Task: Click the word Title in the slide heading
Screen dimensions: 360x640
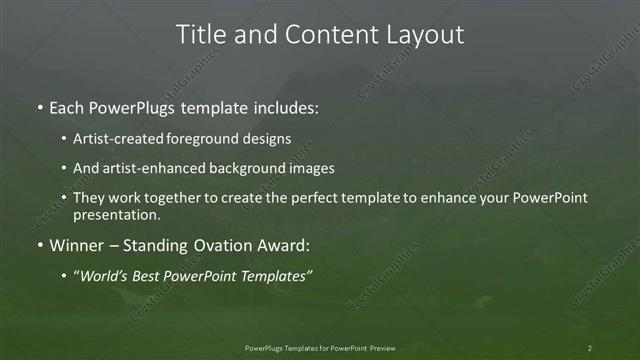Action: (x=202, y=34)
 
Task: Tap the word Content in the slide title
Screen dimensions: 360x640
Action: (x=322, y=34)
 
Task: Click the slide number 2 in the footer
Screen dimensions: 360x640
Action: (x=590, y=348)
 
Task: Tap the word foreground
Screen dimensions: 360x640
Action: (x=220, y=139)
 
